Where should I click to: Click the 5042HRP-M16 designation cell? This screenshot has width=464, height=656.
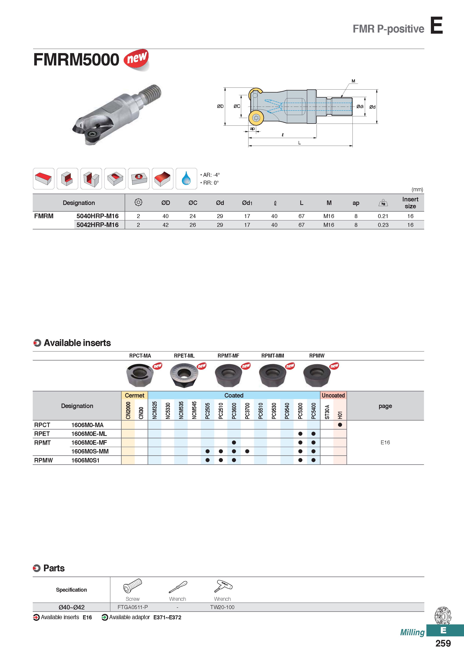coord(97,225)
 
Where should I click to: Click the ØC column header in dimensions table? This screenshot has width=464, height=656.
coord(193,203)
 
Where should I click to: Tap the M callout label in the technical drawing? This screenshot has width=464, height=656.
coord(353,81)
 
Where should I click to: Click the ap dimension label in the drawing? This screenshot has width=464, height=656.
coord(252,129)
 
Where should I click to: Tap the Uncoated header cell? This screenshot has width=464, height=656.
coord(333,396)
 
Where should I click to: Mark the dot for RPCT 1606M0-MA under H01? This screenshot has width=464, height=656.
coord(340,425)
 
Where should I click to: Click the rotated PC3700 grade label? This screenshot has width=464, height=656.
coord(247,411)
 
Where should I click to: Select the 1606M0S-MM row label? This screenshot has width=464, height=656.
coord(90,451)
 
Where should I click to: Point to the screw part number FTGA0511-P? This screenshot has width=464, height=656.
coord(133,607)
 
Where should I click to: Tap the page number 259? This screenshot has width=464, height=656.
coord(443,643)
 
